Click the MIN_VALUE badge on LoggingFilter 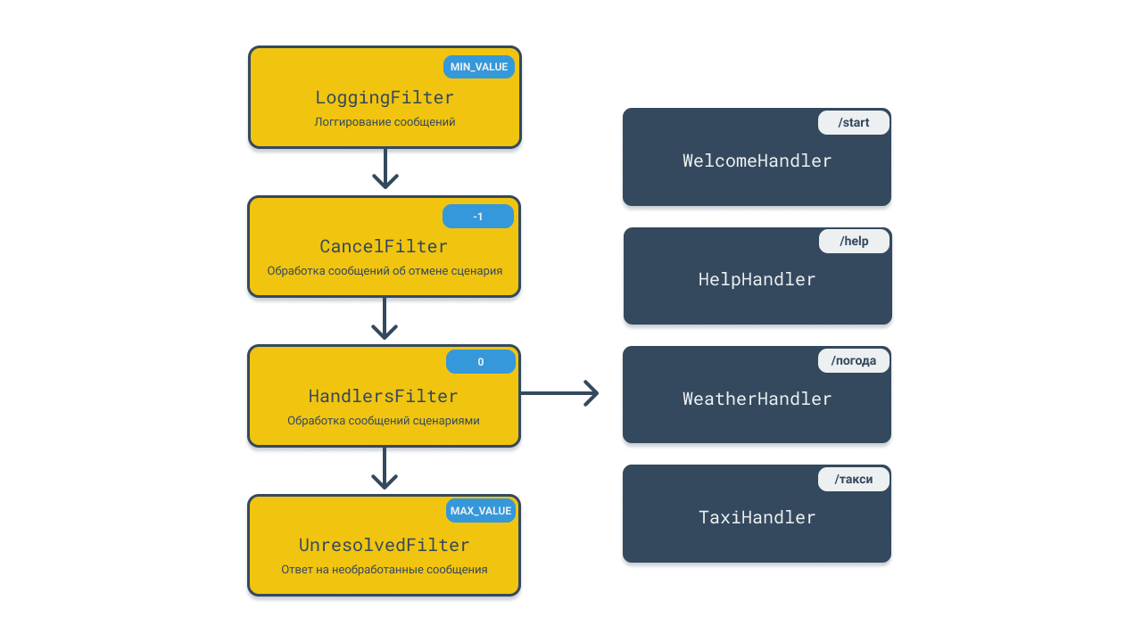pyautogui.click(x=479, y=67)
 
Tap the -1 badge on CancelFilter pyautogui.click(x=478, y=217)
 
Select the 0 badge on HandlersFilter pyautogui.click(x=481, y=362)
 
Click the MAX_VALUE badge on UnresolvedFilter pyautogui.click(x=481, y=511)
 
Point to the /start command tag pyautogui.click(x=854, y=123)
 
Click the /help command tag pyautogui.click(x=854, y=242)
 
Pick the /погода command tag pyautogui.click(x=854, y=361)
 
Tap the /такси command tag pyautogui.click(x=854, y=480)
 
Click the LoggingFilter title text pyautogui.click(x=385, y=98)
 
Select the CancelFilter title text pyautogui.click(x=384, y=247)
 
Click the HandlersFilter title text pyautogui.click(x=384, y=397)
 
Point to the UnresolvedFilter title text pyautogui.click(x=384, y=546)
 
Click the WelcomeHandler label pyautogui.click(x=757, y=161)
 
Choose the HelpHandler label pyautogui.click(x=757, y=280)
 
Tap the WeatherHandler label pyautogui.click(x=757, y=399)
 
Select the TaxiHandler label pyautogui.click(x=757, y=518)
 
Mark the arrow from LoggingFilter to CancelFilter pyautogui.click(x=385, y=172)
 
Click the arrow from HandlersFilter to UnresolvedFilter pyautogui.click(x=385, y=472)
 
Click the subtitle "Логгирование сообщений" pyautogui.click(x=385, y=122)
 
